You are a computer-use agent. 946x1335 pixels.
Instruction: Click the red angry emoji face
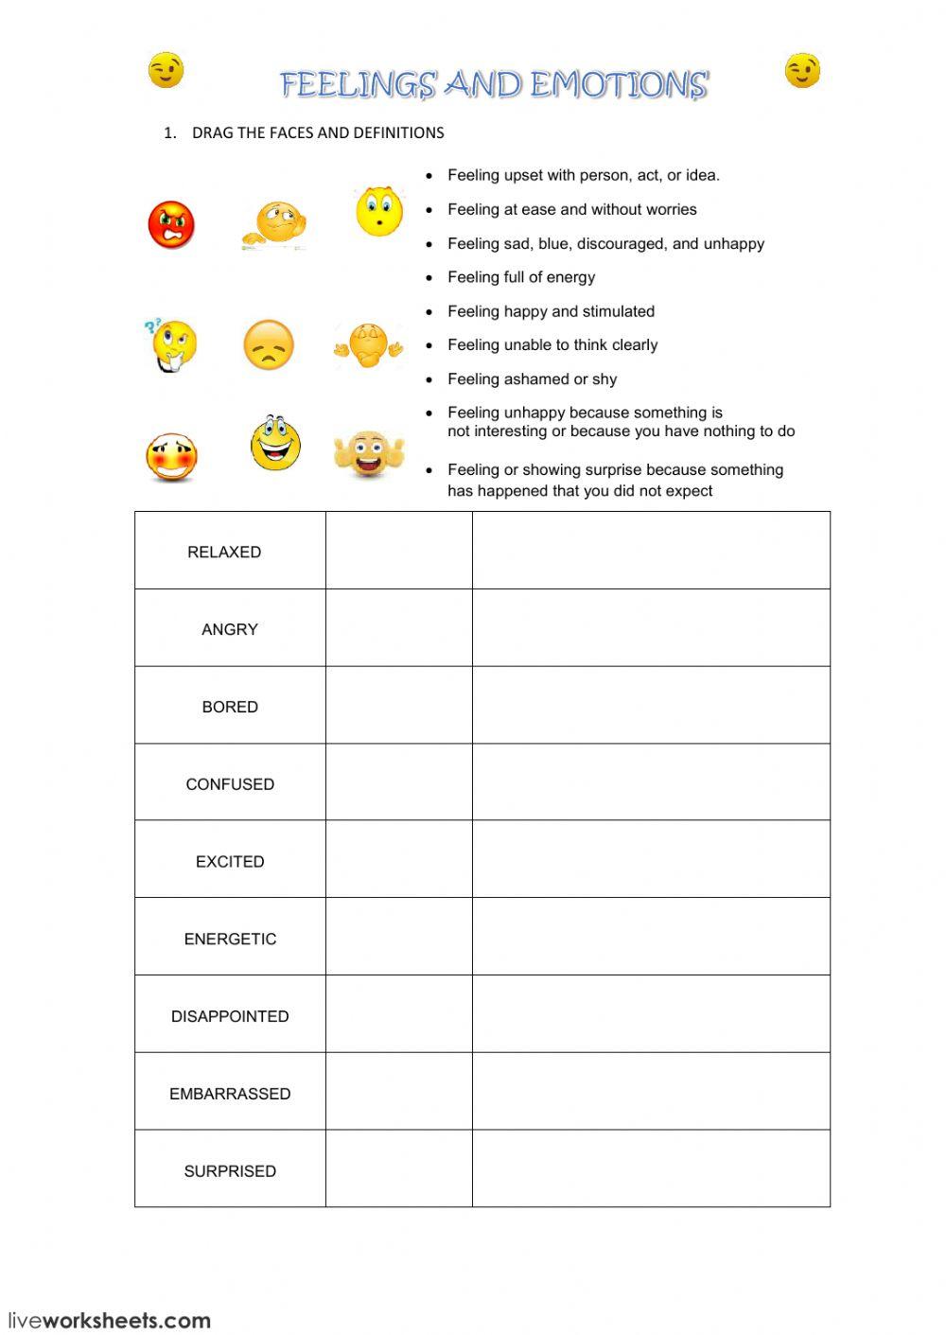coord(171,225)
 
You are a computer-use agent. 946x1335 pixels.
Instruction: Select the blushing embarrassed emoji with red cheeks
coord(171,458)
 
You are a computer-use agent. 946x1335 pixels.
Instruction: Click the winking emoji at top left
coord(166,70)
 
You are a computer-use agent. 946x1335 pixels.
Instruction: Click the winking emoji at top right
coord(802,70)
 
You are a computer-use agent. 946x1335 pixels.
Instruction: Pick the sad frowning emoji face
coord(269,345)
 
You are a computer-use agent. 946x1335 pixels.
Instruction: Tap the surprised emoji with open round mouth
coord(379,210)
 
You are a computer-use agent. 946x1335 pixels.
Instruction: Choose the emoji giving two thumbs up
coord(369,454)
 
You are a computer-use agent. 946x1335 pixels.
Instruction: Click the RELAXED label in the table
coord(224,552)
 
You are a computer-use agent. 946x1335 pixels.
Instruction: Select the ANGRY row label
coord(230,629)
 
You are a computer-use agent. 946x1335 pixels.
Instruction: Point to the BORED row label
coord(230,707)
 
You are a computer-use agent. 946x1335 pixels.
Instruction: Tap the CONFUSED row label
coord(230,784)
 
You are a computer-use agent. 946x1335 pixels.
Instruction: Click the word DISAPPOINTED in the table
coord(230,1016)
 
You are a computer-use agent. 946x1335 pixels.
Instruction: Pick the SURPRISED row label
coord(230,1170)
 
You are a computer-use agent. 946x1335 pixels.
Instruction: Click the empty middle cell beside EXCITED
coord(398,859)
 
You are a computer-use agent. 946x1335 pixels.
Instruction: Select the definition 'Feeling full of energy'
coord(521,277)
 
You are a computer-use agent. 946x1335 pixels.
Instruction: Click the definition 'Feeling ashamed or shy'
coord(532,379)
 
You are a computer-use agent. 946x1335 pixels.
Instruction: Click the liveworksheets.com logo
coord(109,1320)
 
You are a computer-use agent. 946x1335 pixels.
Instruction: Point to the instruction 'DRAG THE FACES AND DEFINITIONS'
coord(318,132)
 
